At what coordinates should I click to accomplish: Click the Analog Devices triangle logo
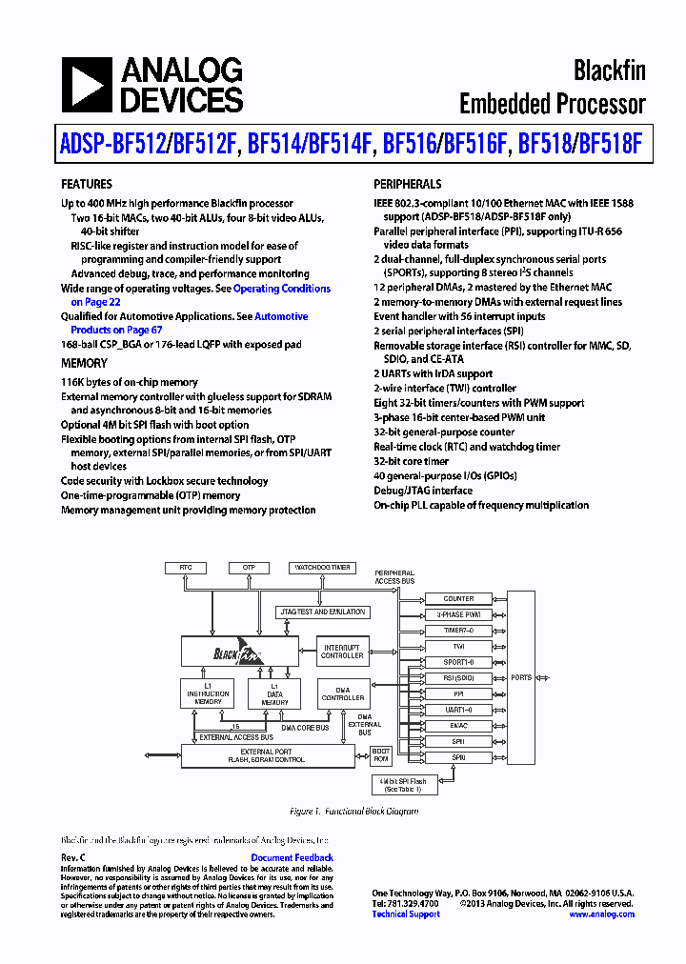tap(86, 86)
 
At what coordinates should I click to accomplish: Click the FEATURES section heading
tap(87, 184)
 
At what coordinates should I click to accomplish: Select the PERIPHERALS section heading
tap(407, 184)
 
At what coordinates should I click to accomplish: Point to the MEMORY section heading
tap(85, 363)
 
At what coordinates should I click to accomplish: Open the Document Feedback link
tap(292, 858)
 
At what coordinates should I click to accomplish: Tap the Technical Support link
tap(406, 914)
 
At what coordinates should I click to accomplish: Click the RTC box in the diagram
tap(186, 568)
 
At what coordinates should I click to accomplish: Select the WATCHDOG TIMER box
tap(321, 568)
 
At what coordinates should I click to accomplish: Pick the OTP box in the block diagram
tap(250, 568)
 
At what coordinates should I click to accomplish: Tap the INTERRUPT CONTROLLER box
tap(342, 652)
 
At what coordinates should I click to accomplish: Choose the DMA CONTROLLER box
tap(342, 693)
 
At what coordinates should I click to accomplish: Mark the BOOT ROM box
tap(380, 755)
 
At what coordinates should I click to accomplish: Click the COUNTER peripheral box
tap(458, 599)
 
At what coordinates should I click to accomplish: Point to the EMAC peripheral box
tap(458, 725)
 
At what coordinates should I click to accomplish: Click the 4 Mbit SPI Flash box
tap(405, 785)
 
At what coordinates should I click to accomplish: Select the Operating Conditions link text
tap(282, 289)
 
